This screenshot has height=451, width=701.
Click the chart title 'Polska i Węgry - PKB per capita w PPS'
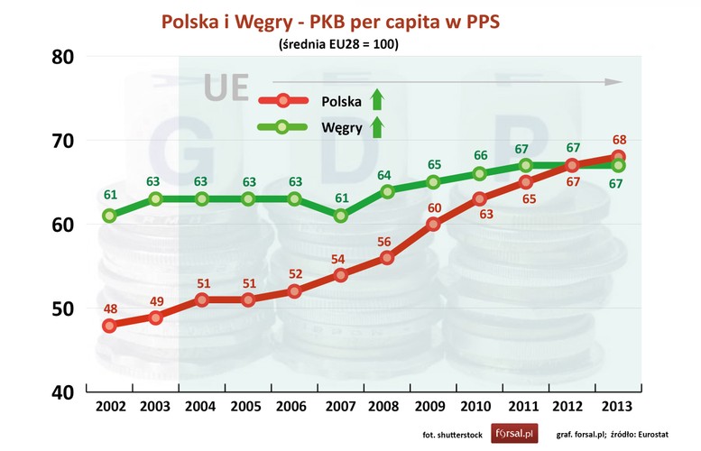tap(351, 20)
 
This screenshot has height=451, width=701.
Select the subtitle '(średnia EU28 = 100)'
tap(349, 41)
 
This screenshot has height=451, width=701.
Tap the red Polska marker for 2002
tap(109, 326)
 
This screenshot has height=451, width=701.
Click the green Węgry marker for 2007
tap(340, 216)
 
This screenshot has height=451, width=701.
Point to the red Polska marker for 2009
tap(433, 224)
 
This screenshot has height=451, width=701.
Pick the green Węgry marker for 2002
tap(109, 216)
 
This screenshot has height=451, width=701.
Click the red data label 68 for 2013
tap(620, 140)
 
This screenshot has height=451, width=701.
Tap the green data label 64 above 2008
tap(387, 175)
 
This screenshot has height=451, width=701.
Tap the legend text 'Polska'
tap(342, 101)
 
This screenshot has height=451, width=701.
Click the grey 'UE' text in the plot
tap(226, 87)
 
